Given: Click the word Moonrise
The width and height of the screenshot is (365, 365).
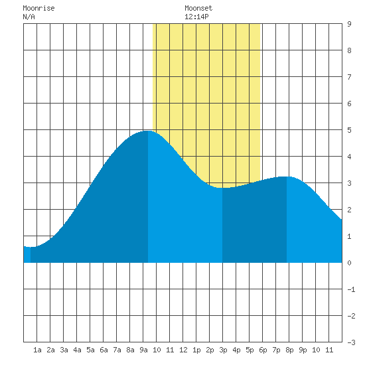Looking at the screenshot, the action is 38,8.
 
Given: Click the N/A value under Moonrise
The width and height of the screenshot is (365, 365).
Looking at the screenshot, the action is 29,17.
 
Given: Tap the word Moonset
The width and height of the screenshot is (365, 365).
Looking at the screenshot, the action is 198,8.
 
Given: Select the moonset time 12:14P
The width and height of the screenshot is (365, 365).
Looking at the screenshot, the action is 196,17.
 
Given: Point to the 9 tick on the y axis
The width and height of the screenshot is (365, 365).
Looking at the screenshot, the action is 349,24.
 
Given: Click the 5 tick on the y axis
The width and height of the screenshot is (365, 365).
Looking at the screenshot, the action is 349,130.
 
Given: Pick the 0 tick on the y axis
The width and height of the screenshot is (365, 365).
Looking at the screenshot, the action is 349,263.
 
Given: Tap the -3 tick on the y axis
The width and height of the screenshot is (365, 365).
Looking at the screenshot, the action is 351,342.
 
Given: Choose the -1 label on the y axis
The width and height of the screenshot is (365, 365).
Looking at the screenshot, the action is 351,289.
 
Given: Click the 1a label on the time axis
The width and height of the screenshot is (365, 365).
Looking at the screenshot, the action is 37,350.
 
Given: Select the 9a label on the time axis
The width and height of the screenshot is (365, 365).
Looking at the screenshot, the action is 143,350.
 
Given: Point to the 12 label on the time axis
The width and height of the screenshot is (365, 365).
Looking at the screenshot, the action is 183,350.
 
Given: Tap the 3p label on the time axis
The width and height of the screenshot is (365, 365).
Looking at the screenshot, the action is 223,350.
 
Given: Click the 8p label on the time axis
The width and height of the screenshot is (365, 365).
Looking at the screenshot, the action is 289,350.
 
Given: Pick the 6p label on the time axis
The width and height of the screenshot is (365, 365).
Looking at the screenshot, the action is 263,350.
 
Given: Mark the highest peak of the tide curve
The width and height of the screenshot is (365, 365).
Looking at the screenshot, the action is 147,131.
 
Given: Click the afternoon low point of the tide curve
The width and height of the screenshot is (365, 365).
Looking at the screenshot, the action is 222,188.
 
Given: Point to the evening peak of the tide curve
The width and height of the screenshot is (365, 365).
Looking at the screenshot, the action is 287,177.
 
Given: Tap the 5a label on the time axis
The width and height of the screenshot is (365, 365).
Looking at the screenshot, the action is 90,350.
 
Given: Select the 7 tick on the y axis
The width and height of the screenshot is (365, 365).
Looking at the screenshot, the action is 349,77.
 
